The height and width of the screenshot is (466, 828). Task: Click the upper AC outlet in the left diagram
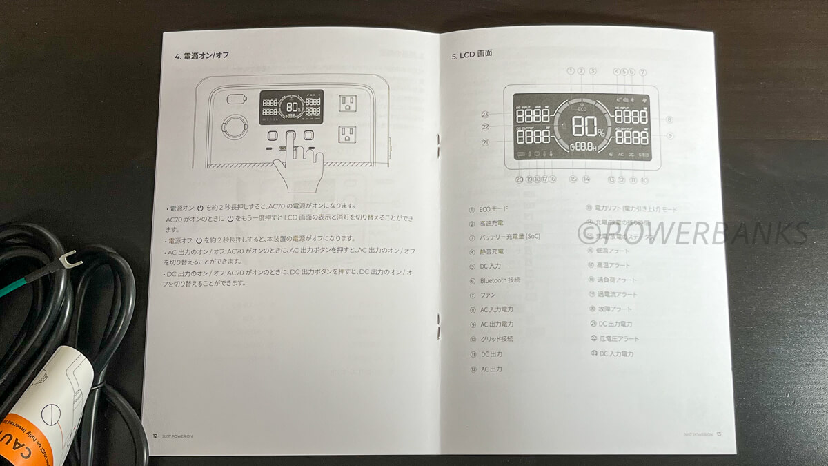[x=347, y=104]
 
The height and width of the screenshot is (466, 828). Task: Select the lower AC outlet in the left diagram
[x=347, y=133]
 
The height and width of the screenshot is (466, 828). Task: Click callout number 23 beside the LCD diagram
[x=486, y=115]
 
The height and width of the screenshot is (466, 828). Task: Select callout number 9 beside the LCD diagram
[x=669, y=136]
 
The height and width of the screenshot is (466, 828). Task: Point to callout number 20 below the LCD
[x=520, y=179]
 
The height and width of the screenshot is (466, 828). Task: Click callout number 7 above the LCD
[x=642, y=72]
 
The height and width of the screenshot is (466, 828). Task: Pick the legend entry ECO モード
[x=493, y=208]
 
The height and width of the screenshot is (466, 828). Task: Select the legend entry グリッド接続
[x=496, y=339]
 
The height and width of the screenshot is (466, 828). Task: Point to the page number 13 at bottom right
[x=718, y=434]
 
